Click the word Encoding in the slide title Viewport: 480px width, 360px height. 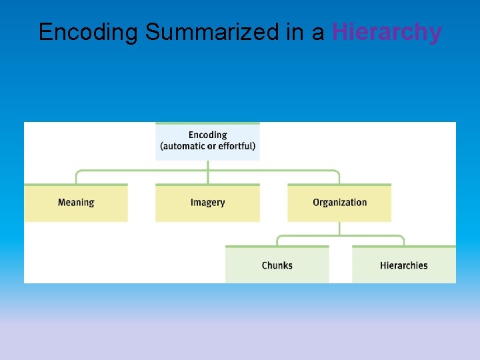89,32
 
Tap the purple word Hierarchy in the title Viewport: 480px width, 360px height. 387,32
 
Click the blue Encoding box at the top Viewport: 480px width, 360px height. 207,141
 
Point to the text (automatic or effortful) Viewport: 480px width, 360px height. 207,147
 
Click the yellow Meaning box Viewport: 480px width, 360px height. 76,203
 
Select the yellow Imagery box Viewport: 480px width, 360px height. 207,203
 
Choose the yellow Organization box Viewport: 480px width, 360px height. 339,203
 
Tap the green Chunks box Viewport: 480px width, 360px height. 277,265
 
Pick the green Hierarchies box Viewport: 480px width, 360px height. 404,265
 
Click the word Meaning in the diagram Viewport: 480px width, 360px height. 76,203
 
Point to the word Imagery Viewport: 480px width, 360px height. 207,203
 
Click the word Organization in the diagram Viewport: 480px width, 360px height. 339,203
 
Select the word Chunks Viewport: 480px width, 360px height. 277,265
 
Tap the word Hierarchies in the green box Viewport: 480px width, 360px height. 404,265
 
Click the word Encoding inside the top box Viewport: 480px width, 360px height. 207,135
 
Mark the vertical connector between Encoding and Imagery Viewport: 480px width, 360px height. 207,172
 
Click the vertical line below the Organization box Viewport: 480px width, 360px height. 339,228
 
